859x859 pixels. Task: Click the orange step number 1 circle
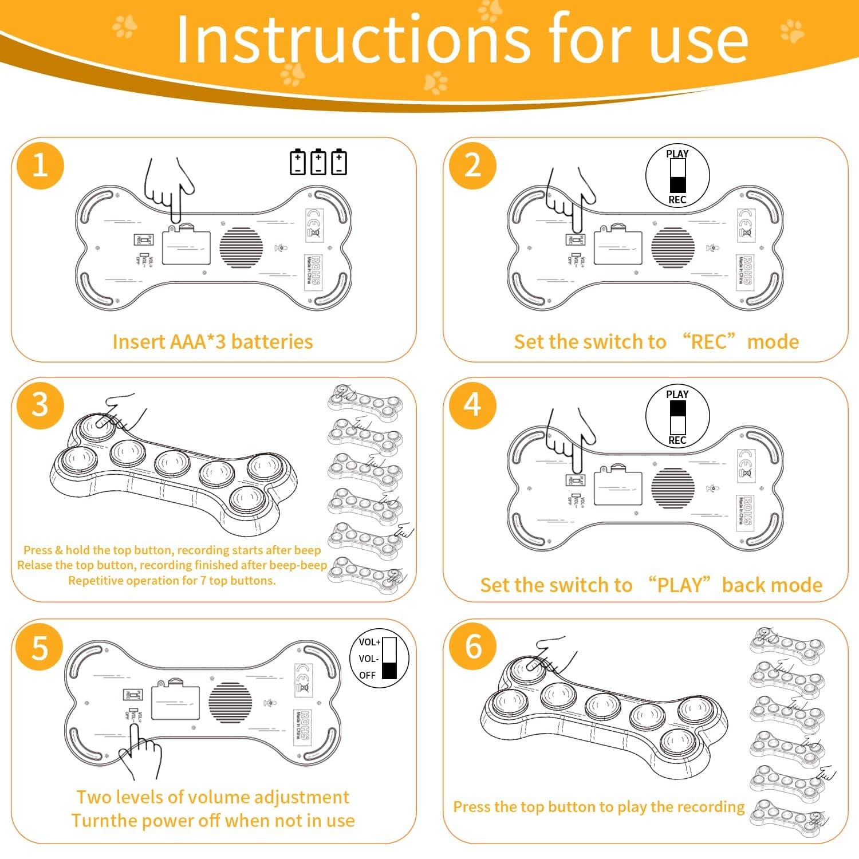tap(40, 166)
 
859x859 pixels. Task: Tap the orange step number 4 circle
tap(472, 405)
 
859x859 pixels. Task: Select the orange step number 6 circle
tap(473, 647)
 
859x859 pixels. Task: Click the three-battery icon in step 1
tap(318, 162)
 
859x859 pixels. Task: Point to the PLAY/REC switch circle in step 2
tap(677, 176)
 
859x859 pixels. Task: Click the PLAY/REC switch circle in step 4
tap(677, 416)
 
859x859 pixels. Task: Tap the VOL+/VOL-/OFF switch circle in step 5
tap(379, 658)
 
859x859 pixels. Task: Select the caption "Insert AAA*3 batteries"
tap(212, 342)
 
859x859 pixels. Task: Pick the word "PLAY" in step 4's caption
tap(679, 585)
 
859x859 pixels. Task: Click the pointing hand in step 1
tap(170, 189)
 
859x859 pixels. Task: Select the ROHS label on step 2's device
tap(747, 270)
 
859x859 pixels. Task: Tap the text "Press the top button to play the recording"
tap(598, 807)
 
